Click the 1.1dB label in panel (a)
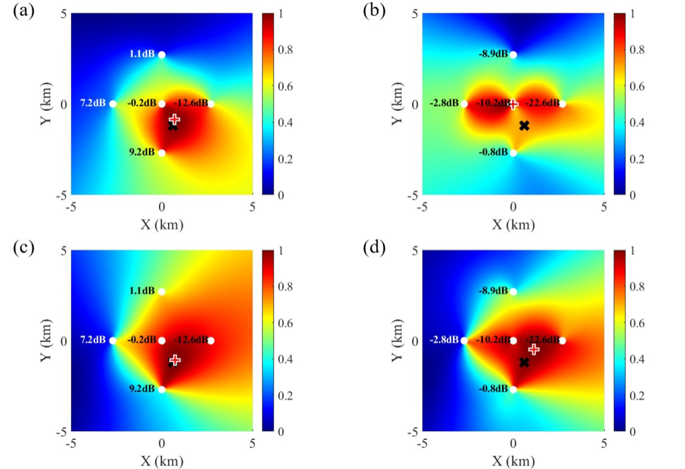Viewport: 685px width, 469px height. click(x=142, y=54)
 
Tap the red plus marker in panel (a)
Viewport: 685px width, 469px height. click(x=174, y=119)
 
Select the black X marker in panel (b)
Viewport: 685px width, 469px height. click(x=524, y=126)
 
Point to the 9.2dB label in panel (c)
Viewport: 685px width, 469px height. click(x=142, y=389)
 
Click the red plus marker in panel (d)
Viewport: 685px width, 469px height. click(x=534, y=349)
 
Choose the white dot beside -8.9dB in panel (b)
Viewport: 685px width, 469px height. click(x=513, y=55)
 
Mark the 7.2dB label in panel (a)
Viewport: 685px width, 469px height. click(x=93, y=103)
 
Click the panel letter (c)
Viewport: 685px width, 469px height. click(x=24, y=248)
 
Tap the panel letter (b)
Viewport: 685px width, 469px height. click(x=374, y=11)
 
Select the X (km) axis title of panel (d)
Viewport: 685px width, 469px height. click(x=513, y=461)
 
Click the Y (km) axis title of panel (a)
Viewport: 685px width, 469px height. click(x=46, y=104)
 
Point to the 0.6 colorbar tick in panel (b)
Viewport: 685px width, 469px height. click(x=637, y=86)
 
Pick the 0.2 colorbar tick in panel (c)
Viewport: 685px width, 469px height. click(x=286, y=395)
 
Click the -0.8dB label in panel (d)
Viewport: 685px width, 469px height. click(x=493, y=389)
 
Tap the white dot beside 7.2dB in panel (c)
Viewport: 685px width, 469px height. click(x=113, y=340)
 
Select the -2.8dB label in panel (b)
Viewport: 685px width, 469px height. click(x=444, y=103)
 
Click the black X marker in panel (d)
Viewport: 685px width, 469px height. click(x=524, y=362)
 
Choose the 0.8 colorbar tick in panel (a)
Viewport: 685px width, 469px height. click(x=286, y=50)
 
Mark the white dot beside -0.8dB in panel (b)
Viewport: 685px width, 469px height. click(x=513, y=153)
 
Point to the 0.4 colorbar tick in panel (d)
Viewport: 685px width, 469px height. click(x=637, y=359)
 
